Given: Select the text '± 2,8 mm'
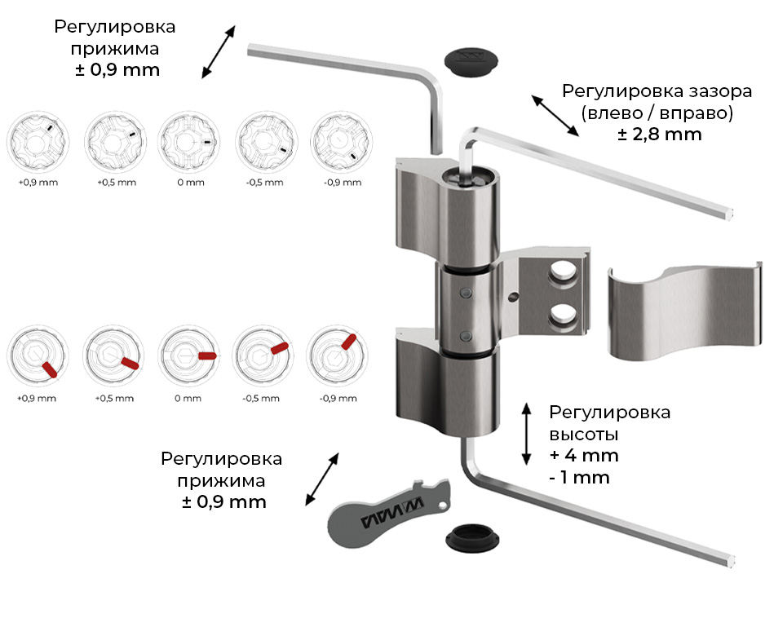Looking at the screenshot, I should [x=660, y=134].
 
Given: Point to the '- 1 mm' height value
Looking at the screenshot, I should [x=579, y=478].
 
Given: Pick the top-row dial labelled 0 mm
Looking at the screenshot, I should [x=189, y=141].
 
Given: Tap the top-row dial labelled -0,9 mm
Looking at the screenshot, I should [x=341, y=141].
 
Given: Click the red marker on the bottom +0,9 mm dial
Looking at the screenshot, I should [x=48, y=369].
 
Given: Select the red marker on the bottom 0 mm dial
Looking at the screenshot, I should [x=206, y=355].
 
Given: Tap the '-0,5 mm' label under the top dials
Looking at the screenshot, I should [x=265, y=183].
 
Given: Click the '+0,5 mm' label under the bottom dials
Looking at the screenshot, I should [x=113, y=399].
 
